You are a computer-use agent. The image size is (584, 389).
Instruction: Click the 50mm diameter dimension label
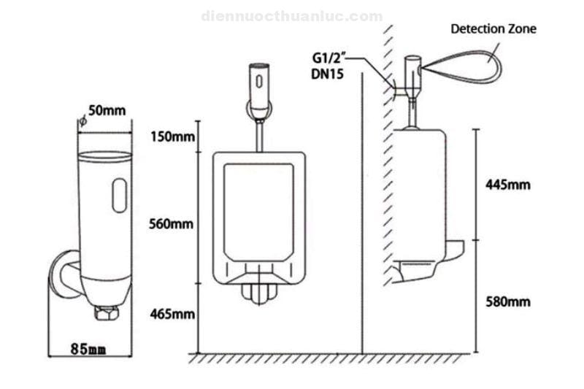[107, 111]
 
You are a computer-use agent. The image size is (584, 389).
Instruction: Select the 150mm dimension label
[172, 136]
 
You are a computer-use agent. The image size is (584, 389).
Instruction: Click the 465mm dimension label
[172, 315]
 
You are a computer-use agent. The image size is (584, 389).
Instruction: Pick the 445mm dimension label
[507, 185]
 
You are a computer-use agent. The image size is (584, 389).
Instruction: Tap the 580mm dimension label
[507, 301]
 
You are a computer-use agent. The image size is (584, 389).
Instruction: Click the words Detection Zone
[493, 29]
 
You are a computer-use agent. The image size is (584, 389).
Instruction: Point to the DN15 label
[327, 73]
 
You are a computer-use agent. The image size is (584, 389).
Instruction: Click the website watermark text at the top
[291, 16]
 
